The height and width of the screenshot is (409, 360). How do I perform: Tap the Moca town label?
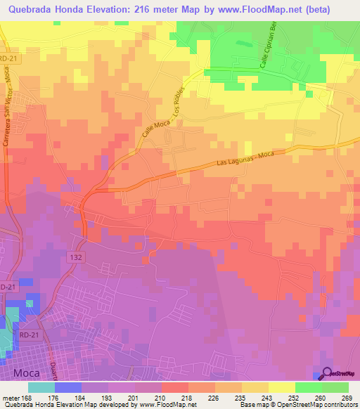(24, 372)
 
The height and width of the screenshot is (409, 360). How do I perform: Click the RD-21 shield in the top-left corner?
(7, 60)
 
